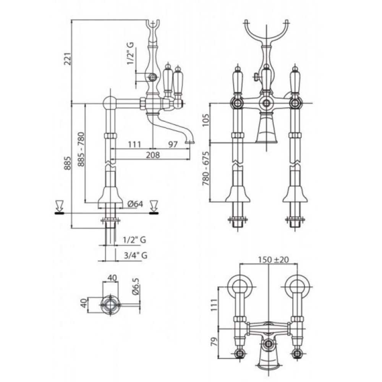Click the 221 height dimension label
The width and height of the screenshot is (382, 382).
click(68, 58)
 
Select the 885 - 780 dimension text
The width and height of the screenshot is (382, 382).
click(81, 149)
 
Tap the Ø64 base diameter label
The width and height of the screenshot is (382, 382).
click(135, 204)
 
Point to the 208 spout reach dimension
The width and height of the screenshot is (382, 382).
click(153, 155)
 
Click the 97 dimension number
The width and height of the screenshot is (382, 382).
click(173, 144)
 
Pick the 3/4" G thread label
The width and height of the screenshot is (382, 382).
click(136, 255)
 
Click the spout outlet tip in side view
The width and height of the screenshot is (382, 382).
click(190, 142)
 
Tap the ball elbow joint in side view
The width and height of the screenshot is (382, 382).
click(110, 102)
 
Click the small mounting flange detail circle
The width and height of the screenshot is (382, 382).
click(110, 305)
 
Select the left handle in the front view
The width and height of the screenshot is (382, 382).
click(238, 80)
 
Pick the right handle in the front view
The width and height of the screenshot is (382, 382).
click(295, 80)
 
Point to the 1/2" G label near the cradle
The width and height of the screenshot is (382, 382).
click(131, 53)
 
